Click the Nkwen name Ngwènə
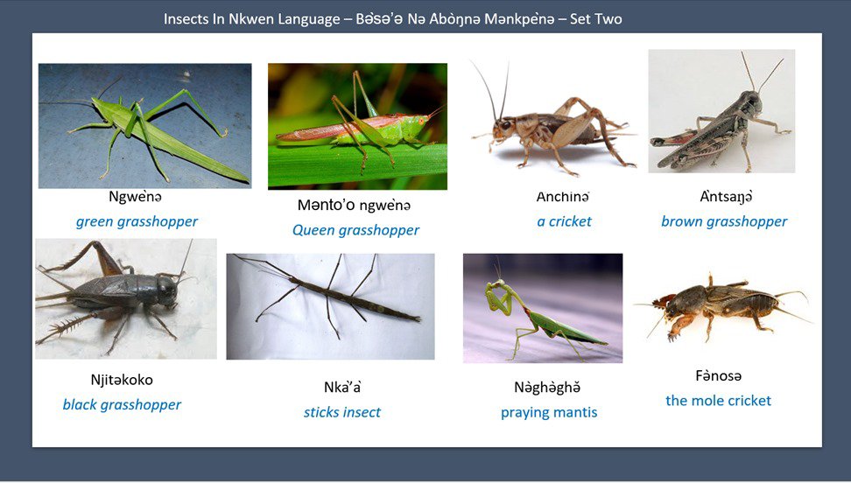(x=135, y=197)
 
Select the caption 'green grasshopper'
(x=137, y=221)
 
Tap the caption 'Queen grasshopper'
(x=355, y=230)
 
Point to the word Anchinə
(x=563, y=197)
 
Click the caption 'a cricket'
(x=564, y=221)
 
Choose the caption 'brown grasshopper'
(x=724, y=221)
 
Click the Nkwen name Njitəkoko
(x=121, y=380)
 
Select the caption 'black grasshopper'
(x=122, y=404)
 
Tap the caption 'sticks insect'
(x=342, y=412)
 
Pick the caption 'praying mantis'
(x=549, y=412)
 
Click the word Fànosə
(x=718, y=376)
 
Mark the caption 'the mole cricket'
(x=718, y=401)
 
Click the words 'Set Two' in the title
(x=595, y=18)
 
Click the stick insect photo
(x=330, y=306)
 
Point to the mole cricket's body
(x=727, y=304)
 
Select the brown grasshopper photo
(x=721, y=111)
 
